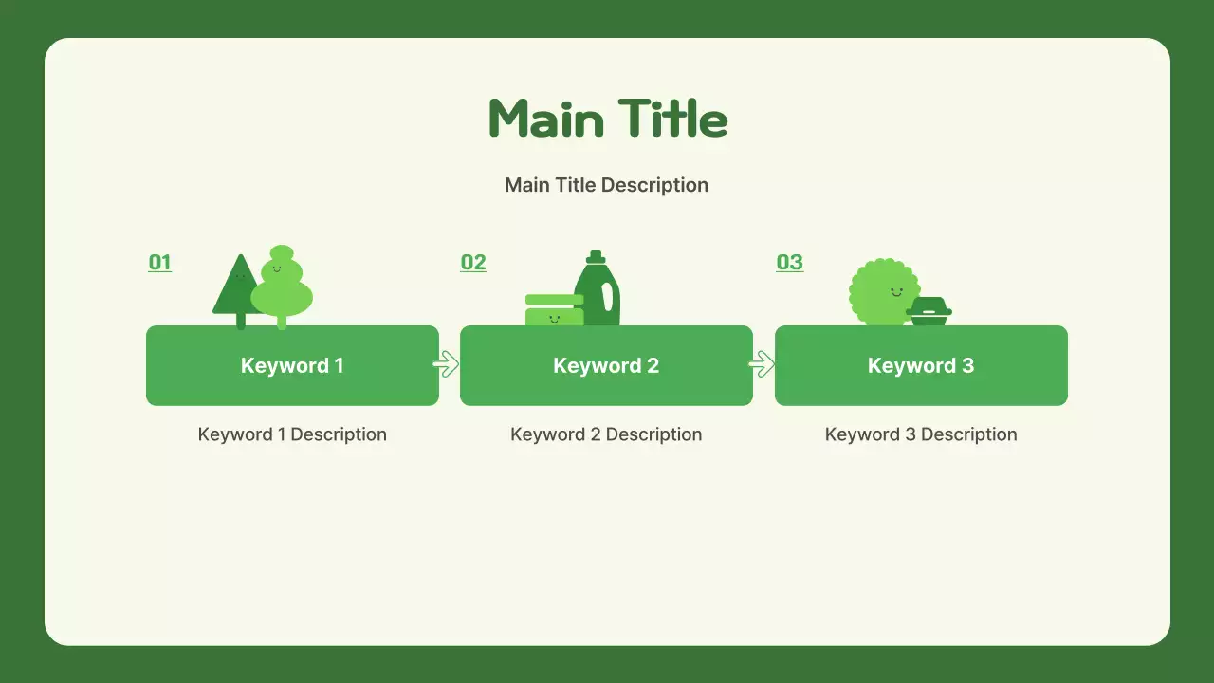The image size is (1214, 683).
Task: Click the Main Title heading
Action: click(x=607, y=120)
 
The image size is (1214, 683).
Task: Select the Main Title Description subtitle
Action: click(x=606, y=185)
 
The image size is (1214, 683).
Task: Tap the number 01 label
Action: click(x=159, y=263)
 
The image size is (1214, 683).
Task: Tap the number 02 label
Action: click(x=472, y=263)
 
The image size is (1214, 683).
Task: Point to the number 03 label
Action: click(x=789, y=263)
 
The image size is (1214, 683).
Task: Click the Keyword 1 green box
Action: click(x=292, y=366)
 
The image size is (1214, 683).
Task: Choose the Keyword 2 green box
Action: click(x=606, y=366)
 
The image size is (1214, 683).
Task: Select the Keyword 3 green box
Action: click(x=920, y=366)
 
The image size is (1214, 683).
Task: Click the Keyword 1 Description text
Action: click(x=292, y=434)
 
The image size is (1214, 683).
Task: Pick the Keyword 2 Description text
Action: click(x=606, y=434)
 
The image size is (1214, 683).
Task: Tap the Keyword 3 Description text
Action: click(x=920, y=434)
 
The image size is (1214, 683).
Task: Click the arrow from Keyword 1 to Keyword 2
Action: click(x=446, y=364)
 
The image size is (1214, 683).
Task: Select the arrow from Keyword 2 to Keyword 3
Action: click(x=761, y=364)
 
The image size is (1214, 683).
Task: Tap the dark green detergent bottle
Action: click(x=598, y=296)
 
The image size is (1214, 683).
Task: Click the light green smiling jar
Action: click(x=554, y=312)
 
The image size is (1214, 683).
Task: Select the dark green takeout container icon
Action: click(x=929, y=311)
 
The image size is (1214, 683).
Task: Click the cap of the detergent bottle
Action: click(x=596, y=256)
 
